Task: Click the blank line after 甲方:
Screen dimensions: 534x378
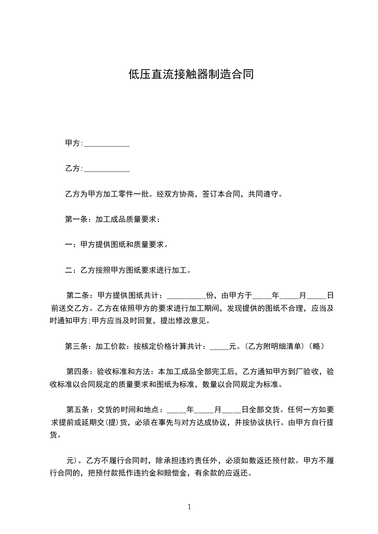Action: [x=107, y=144]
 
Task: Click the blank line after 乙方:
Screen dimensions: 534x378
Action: [x=107, y=169]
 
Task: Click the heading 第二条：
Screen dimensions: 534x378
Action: [x=82, y=295]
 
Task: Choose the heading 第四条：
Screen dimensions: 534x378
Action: [x=82, y=371]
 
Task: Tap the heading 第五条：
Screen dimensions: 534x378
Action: [x=82, y=409]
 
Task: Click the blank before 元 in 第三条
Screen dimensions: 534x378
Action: [x=219, y=346]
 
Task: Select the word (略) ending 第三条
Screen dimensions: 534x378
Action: [x=317, y=346]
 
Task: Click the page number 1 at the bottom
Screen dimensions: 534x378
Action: [x=189, y=507]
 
